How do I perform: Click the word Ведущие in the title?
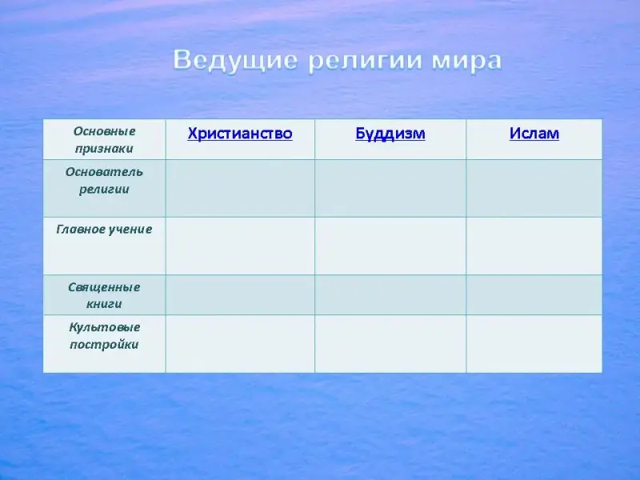pos(235,61)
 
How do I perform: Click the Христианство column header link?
pos(240,134)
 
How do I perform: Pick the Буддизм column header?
pos(390,134)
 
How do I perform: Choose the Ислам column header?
pos(534,134)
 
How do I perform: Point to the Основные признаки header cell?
pos(105,139)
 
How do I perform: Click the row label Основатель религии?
pos(105,181)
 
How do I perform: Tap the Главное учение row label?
pos(105,230)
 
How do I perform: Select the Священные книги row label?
pos(105,295)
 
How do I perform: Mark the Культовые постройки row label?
pos(105,335)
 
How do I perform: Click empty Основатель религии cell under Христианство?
pos(241,188)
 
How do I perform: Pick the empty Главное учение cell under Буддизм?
pos(390,246)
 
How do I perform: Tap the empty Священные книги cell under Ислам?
pos(534,294)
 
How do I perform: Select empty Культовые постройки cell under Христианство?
pos(241,344)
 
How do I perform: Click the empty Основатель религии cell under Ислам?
pos(534,188)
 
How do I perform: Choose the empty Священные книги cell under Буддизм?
pos(390,294)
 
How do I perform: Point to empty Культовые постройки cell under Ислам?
pos(534,344)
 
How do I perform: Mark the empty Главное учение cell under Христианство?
pos(241,246)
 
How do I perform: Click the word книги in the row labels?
pos(104,304)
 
